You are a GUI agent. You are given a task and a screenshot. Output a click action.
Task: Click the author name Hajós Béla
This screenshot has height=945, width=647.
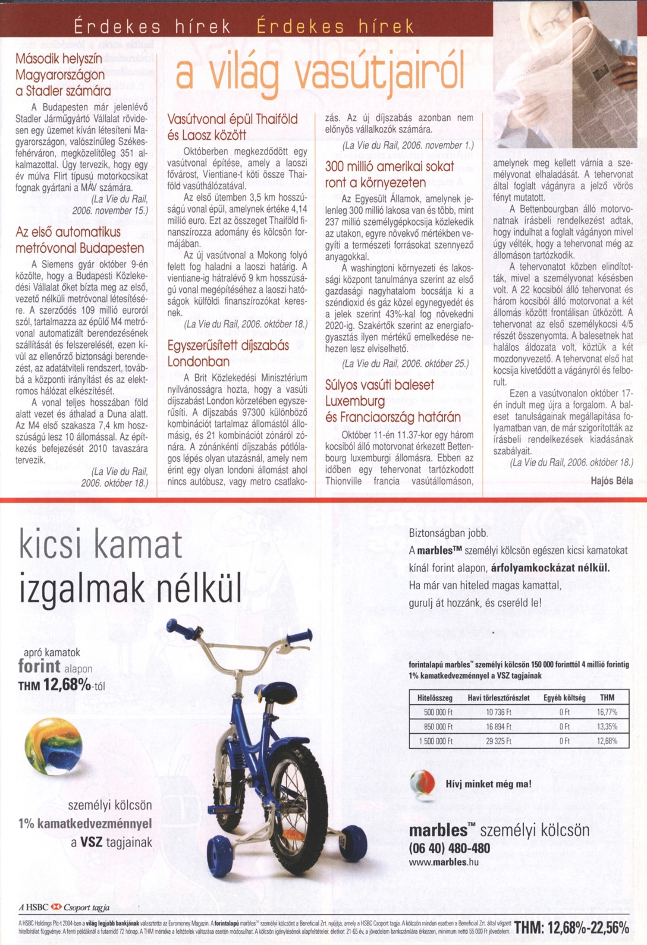tap(612, 481)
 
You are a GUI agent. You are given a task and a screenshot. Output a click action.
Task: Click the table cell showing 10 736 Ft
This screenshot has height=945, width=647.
tap(498, 712)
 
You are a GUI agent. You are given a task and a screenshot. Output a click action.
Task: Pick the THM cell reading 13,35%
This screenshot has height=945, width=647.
tap(607, 727)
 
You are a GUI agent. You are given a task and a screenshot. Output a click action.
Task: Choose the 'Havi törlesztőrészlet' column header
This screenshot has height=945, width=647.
tap(498, 698)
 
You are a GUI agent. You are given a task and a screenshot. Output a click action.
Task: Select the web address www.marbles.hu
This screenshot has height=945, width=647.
tap(443, 862)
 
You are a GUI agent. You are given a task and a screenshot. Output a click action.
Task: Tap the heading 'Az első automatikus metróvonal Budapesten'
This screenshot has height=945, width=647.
tap(80, 240)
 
